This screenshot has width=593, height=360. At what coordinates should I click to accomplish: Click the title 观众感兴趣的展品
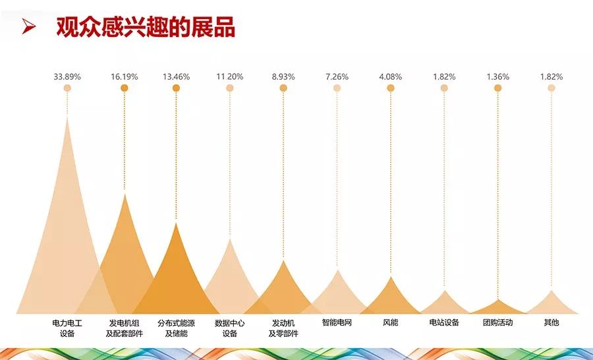pos(146,27)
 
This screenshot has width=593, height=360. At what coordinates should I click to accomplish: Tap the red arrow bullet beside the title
pos(28,27)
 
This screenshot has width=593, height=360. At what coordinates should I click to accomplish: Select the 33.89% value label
pos(67,76)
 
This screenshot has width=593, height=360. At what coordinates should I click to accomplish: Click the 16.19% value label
pos(125,76)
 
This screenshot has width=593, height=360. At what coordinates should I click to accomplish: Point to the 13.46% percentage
pos(176,76)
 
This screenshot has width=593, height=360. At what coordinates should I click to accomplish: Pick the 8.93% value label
pos(283,76)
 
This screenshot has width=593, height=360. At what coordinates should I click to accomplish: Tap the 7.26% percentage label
pos(337,76)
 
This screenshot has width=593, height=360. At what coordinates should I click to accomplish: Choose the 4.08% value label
pos(390,76)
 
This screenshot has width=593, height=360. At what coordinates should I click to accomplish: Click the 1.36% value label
pos(497,76)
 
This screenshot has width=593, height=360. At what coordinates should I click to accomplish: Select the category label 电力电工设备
pos(67,328)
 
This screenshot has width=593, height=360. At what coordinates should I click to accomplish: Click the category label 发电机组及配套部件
pos(125,328)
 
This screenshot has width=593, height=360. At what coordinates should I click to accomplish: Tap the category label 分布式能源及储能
pos(176,328)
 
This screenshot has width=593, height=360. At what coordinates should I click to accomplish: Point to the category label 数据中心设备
pos(229,328)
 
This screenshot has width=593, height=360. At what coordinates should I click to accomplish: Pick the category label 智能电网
pos(337,323)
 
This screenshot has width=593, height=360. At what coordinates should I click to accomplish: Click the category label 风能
pos(390,323)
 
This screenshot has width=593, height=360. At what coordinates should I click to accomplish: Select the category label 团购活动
pos(497,323)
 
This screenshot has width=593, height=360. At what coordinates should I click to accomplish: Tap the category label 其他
pos(551,323)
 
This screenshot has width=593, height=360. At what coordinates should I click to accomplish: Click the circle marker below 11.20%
pos(229,88)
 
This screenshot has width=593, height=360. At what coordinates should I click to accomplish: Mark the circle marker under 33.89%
pos(67,88)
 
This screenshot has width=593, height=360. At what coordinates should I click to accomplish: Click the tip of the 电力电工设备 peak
pos(67,117)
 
